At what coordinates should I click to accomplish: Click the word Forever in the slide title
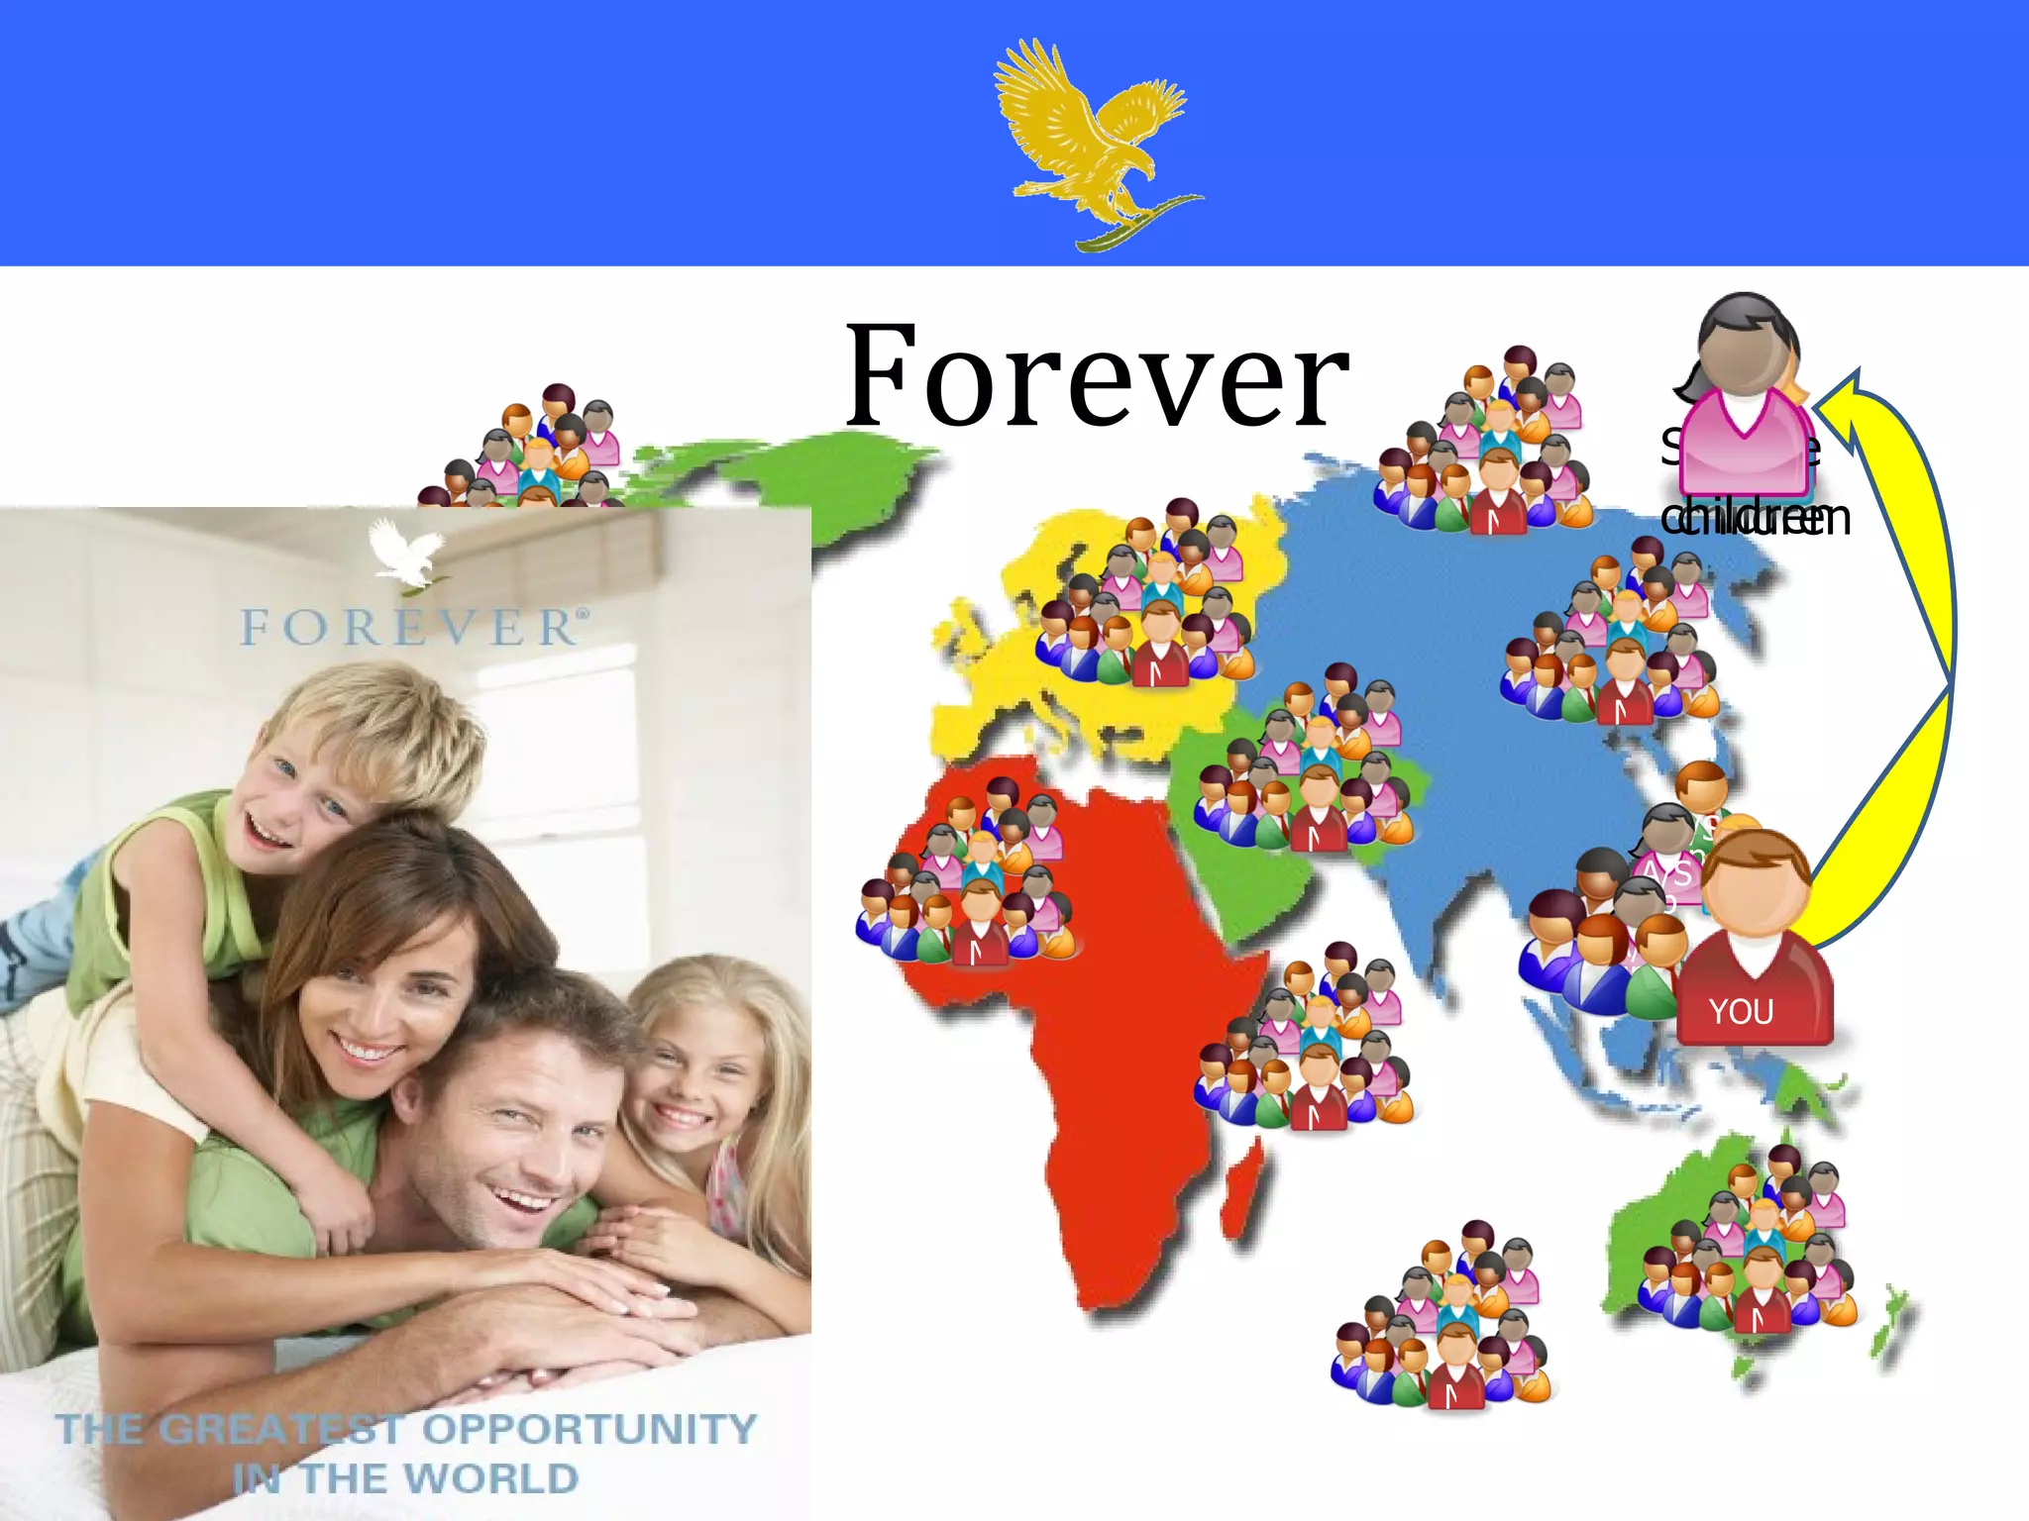point(1097,378)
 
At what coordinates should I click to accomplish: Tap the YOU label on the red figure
point(1741,1011)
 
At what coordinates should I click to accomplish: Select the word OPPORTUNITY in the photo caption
point(590,1429)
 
